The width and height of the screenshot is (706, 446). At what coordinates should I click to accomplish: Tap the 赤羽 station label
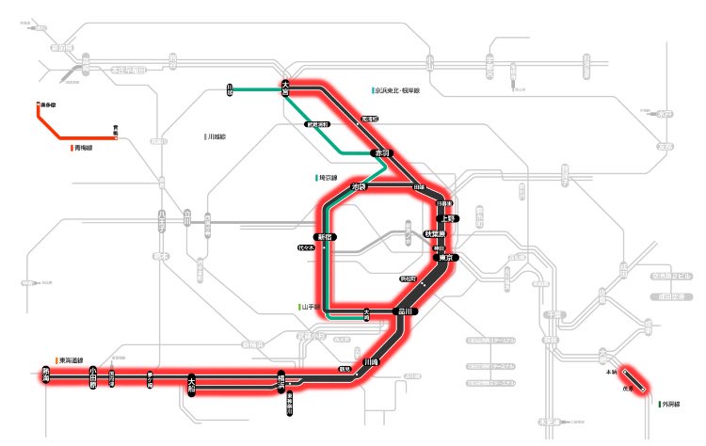(x=382, y=151)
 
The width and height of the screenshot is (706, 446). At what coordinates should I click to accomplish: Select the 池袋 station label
(x=357, y=187)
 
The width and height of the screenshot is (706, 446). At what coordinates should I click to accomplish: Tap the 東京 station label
(x=448, y=256)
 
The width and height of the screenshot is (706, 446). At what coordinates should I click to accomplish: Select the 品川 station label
(x=406, y=311)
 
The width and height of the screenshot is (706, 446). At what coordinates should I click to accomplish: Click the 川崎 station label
(x=370, y=360)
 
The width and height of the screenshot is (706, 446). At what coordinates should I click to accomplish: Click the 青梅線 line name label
(x=86, y=148)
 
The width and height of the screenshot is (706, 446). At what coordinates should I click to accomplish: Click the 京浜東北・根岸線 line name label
(x=399, y=91)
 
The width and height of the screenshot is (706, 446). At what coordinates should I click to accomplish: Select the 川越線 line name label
(x=218, y=136)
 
